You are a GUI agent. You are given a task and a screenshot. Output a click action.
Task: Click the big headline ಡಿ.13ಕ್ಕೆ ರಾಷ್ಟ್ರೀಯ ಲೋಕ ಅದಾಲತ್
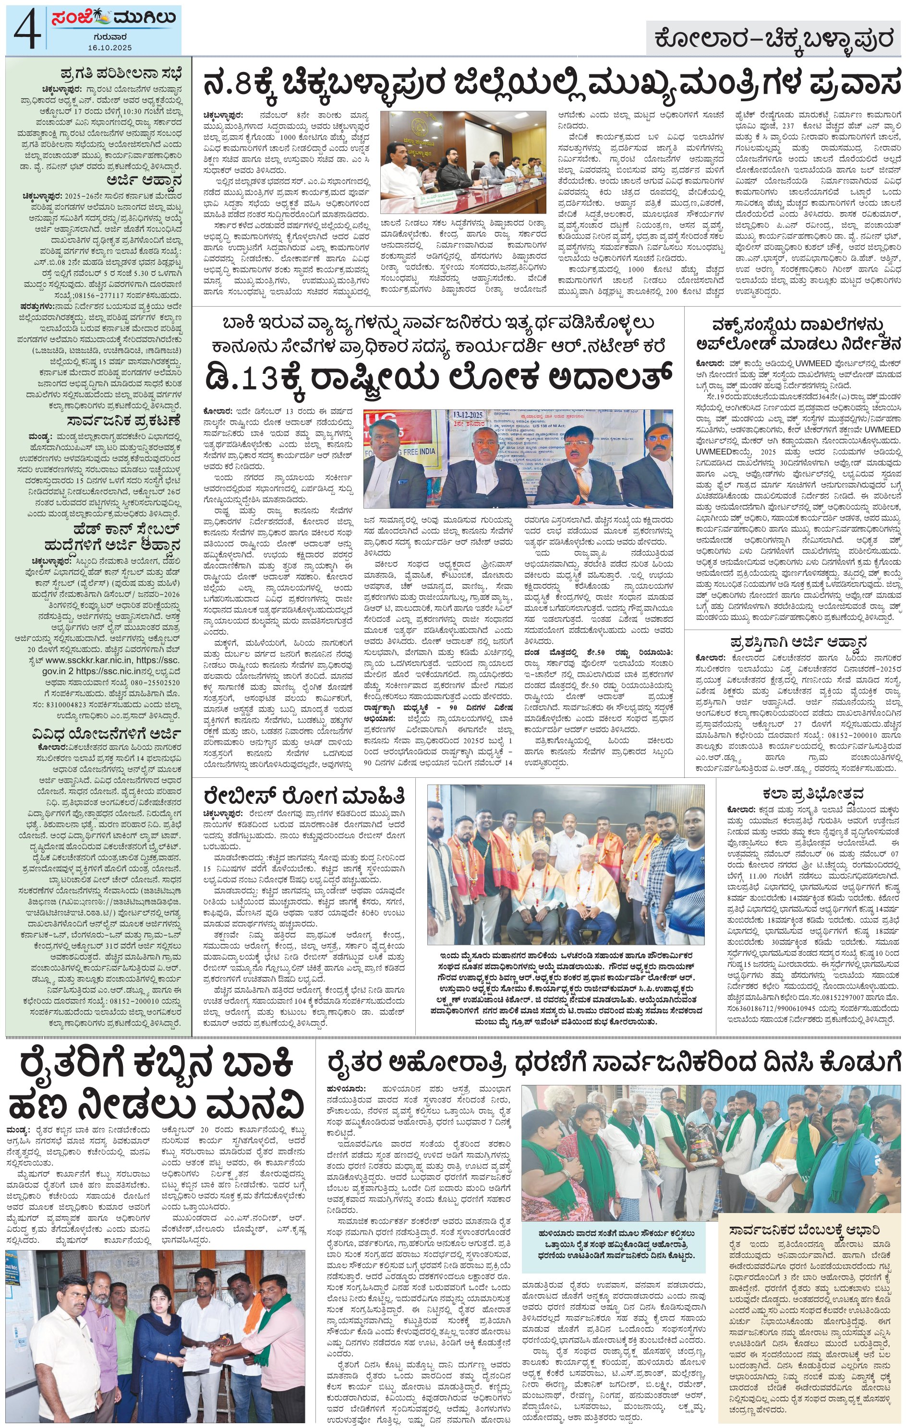click(439, 377)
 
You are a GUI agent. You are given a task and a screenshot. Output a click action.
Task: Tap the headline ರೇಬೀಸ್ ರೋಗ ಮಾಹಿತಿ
click(304, 795)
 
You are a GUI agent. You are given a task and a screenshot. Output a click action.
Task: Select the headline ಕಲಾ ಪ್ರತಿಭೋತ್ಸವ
click(812, 794)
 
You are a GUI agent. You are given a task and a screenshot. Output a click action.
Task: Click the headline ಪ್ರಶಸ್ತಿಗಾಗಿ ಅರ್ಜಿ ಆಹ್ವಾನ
click(798, 642)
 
